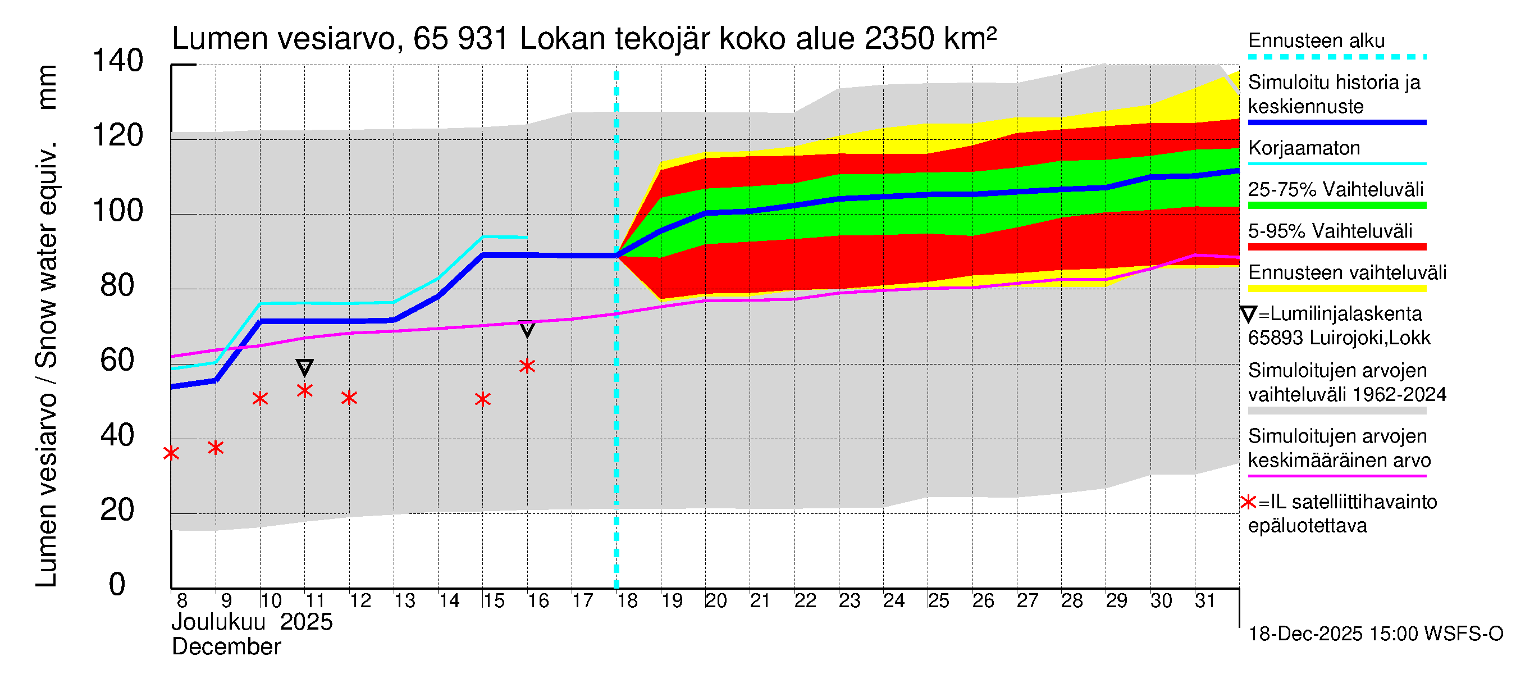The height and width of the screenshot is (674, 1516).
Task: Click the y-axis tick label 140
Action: pos(118,61)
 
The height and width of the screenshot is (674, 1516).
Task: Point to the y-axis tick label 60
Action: pos(118,360)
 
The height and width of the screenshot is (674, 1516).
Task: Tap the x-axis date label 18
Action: pos(627,600)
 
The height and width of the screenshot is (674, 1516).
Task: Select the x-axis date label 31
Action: pos(1206,600)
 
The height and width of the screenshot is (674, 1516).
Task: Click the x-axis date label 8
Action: pos(182,600)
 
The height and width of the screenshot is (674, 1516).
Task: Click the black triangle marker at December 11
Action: pos(304,367)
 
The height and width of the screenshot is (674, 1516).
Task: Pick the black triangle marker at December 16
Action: pos(527,329)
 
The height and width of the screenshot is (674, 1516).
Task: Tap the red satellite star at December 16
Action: pos(527,366)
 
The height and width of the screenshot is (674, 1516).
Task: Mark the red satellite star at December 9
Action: pos(216,448)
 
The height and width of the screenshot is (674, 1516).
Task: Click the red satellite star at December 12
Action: pos(349,398)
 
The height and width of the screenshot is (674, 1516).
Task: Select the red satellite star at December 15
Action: pos(482,400)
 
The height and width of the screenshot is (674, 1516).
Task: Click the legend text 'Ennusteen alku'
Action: pos(1316,40)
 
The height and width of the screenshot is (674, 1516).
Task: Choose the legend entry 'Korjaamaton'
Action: pos(1304,148)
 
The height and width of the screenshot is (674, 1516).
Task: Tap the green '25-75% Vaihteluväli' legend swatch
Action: pos(1336,206)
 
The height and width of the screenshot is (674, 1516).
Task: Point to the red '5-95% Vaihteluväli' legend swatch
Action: pos(1336,247)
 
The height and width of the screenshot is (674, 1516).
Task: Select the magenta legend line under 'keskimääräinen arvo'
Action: pos(1336,476)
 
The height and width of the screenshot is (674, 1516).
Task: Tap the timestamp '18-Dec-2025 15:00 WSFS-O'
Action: pos(1375,634)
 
